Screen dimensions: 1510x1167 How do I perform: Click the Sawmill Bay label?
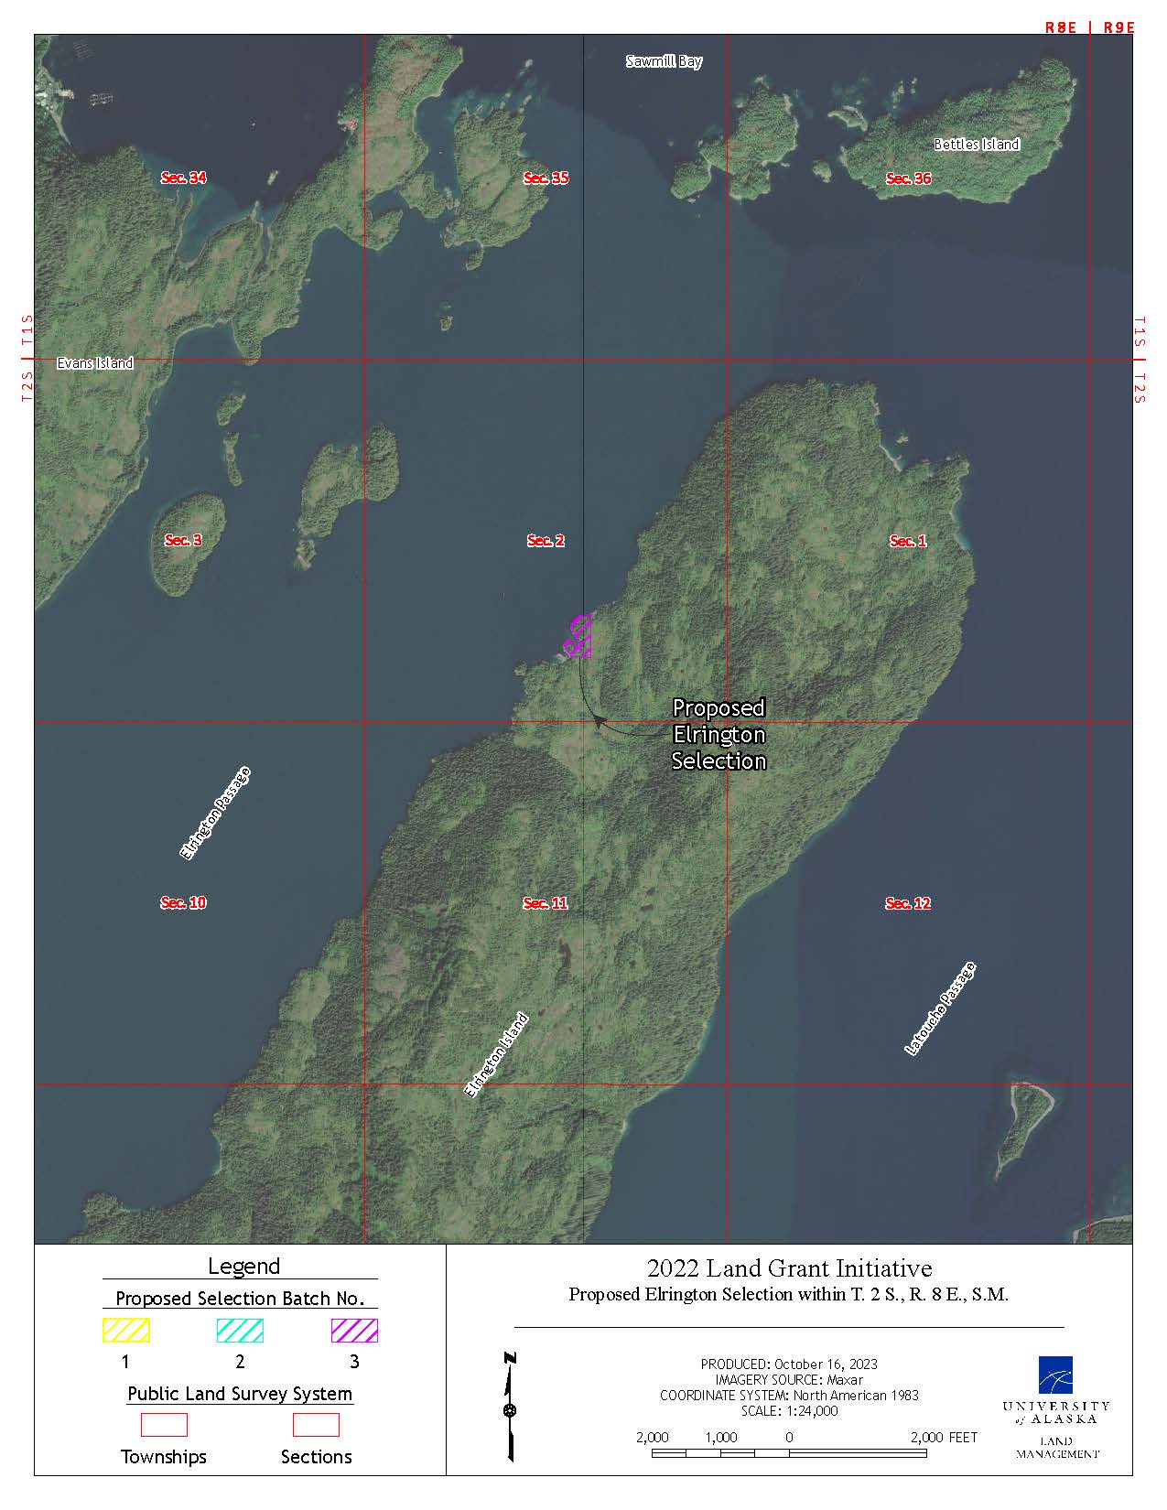tap(664, 61)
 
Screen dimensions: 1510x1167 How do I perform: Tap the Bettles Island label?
tap(976, 144)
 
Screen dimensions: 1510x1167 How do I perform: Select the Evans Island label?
tap(95, 363)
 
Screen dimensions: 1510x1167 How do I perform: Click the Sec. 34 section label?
tap(184, 178)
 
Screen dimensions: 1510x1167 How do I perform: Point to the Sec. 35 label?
tap(546, 178)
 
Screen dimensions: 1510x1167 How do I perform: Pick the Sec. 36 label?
tap(908, 178)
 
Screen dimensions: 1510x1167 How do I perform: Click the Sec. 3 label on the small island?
tap(183, 540)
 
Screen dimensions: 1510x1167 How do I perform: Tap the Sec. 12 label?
tap(908, 903)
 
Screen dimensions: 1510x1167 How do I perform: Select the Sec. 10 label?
tap(184, 902)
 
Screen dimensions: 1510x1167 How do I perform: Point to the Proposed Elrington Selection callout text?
tap(719, 734)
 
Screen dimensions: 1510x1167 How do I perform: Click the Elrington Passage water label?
tap(215, 814)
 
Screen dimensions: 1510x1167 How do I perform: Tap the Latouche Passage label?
tap(940, 1009)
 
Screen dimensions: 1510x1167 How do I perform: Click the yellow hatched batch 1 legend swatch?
tap(125, 1330)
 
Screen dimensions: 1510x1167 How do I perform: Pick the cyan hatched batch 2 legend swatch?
tap(240, 1330)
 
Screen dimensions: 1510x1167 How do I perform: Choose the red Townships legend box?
tap(164, 1425)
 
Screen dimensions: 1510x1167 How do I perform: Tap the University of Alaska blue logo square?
tap(1055, 1374)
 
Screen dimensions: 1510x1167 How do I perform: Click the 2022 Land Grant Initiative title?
tap(789, 1268)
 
